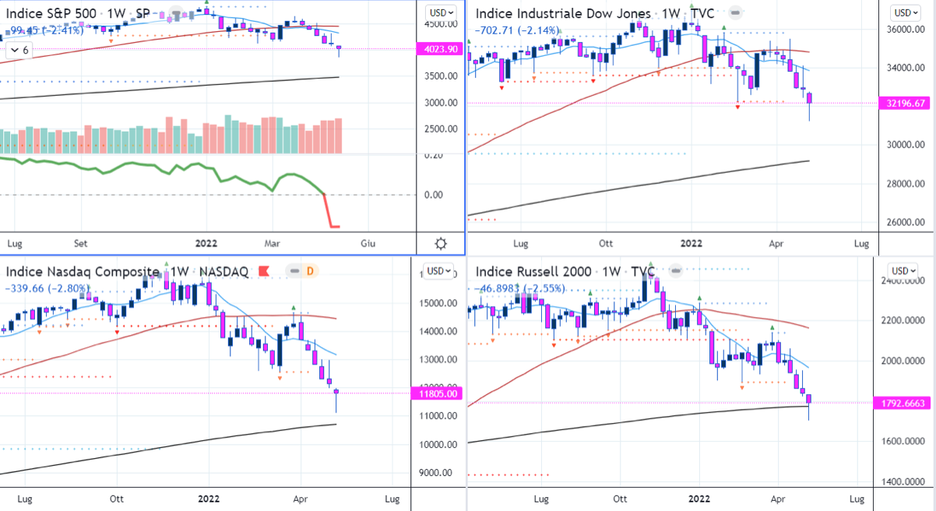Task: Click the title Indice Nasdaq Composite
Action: point(83,271)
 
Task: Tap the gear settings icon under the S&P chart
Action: point(441,243)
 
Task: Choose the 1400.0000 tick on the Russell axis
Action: point(907,481)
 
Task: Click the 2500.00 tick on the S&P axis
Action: point(440,129)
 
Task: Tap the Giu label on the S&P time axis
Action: point(368,243)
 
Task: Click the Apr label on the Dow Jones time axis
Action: point(774,243)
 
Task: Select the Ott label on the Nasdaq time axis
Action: point(117,499)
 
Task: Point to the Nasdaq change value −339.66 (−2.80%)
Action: point(47,288)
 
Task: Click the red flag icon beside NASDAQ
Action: point(263,271)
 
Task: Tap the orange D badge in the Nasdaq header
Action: point(309,271)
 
